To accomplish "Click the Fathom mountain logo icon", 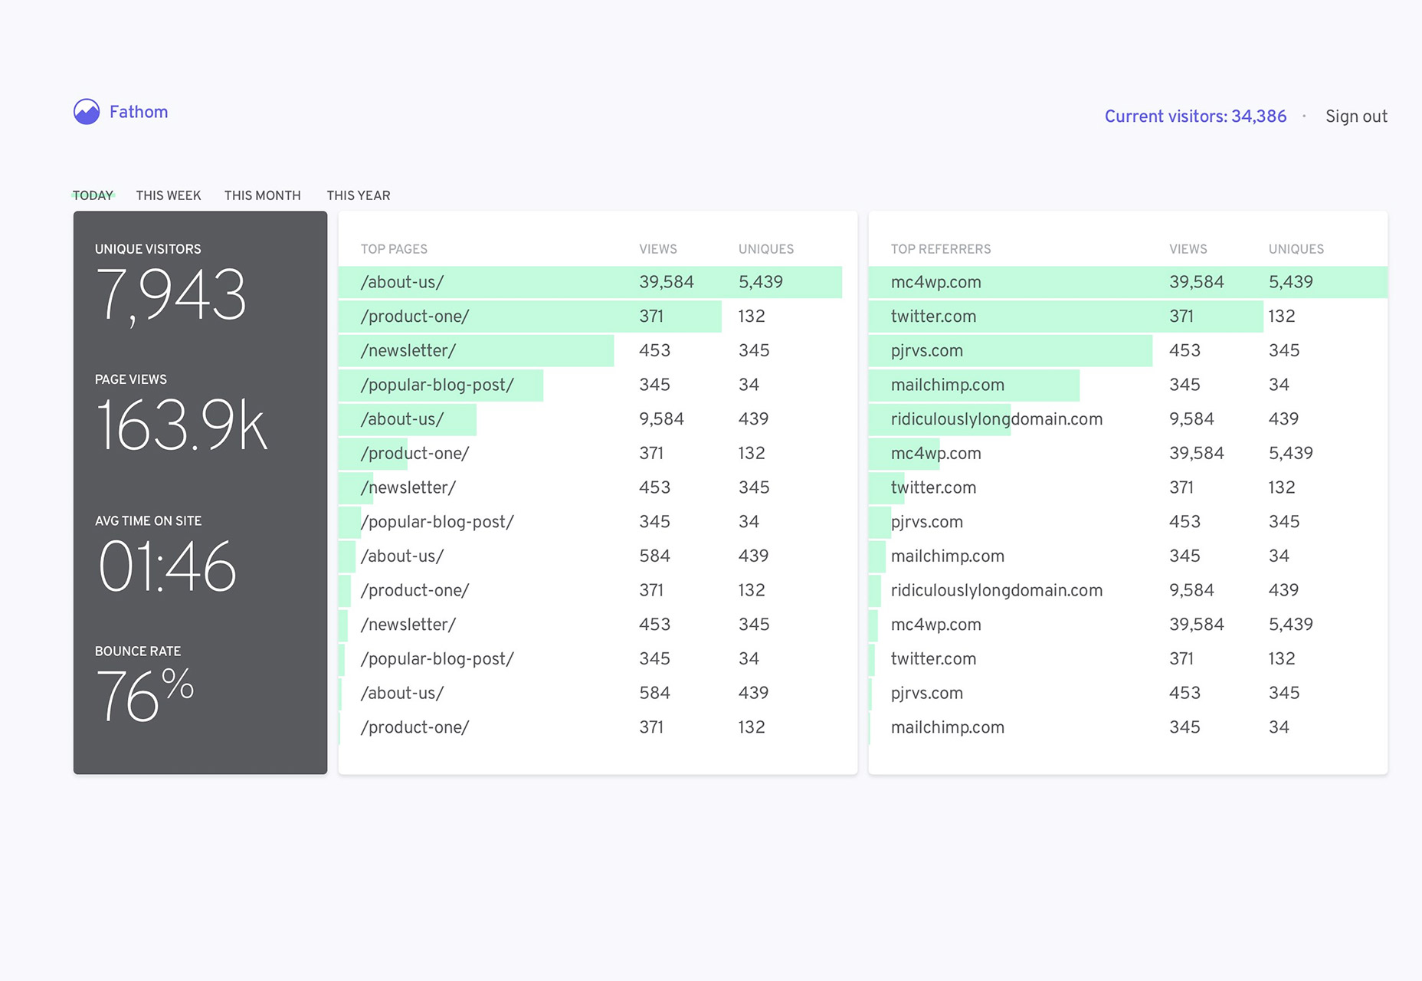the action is [x=87, y=112].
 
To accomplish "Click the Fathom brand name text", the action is [x=139, y=112].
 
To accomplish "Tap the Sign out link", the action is [x=1356, y=116].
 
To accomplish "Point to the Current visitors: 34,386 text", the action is [x=1195, y=116].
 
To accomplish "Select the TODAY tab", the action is [x=93, y=195].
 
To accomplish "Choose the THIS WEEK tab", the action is [x=169, y=195].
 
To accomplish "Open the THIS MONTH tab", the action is [x=263, y=195].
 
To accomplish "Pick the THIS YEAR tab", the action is [x=359, y=195].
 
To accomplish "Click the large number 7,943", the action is [x=172, y=296].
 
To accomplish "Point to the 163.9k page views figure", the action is [x=182, y=425].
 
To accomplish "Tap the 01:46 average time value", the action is [x=167, y=566].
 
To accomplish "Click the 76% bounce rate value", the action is [x=145, y=694].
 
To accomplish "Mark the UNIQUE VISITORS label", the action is [x=148, y=249].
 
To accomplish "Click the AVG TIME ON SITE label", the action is [x=149, y=521].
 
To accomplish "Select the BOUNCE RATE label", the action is [x=138, y=651].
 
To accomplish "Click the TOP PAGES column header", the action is [x=394, y=249].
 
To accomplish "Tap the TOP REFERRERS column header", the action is [x=941, y=249].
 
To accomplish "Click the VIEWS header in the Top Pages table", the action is [x=658, y=249].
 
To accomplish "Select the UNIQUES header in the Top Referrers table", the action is [x=1296, y=249].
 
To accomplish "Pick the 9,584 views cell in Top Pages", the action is [x=661, y=419].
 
